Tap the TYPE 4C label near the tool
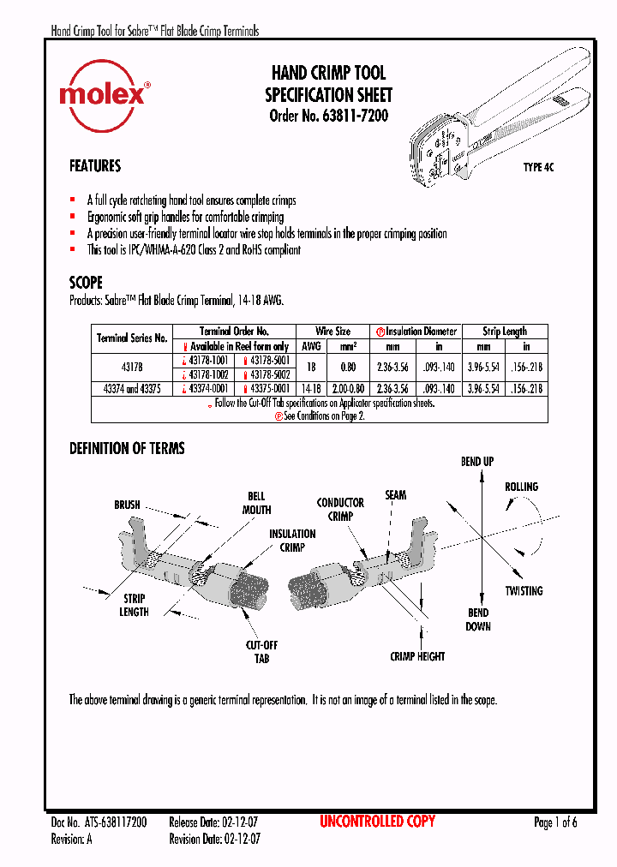(x=538, y=168)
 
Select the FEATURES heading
(x=95, y=166)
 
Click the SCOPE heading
(x=86, y=283)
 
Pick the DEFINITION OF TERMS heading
(x=127, y=448)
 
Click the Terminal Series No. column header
(x=132, y=338)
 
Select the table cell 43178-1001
(x=207, y=361)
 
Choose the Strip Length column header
(x=504, y=331)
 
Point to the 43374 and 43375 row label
(x=132, y=389)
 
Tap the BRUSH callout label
(x=127, y=505)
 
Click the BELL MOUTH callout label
(x=256, y=503)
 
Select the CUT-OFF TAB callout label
(x=261, y=651)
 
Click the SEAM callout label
(x=395, y=495)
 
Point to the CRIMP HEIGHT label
(x=417, y=656)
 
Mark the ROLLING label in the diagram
(x=521, y=487)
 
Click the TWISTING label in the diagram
(x=524, y=591)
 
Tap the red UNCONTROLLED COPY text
(x=377, y=822)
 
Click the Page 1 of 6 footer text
(x=555, y=822)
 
